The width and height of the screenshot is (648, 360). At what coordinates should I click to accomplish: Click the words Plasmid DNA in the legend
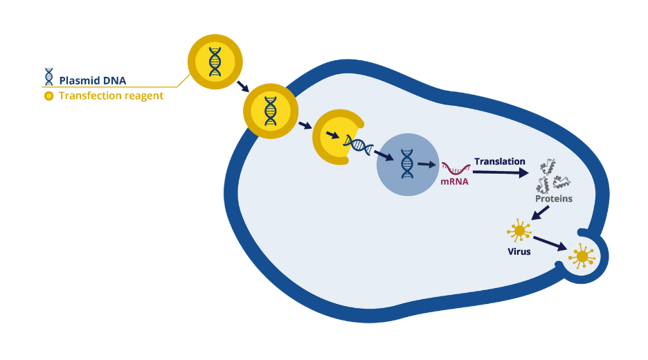coord(92,80)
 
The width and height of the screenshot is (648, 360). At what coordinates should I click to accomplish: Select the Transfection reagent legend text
coord(111,96)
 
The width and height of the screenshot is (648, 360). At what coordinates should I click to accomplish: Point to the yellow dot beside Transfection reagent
coord(48,96)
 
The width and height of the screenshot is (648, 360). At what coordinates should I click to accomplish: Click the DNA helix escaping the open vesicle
coord(361,145)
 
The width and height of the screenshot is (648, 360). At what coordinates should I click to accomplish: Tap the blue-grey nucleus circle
coord(406,163)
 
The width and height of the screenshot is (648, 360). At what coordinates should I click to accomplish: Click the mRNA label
coord(454,182)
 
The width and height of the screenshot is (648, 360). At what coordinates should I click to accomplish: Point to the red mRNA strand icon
coord(457,168)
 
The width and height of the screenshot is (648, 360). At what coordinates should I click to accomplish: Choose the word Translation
coord(499,161)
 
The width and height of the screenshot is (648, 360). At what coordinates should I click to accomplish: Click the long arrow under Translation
coord(498,172)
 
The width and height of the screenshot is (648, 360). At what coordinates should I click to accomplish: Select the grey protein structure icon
coord(553,176)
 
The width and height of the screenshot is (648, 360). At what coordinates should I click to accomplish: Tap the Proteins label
coord(553,199)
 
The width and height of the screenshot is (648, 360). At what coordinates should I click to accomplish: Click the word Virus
coord(519,251)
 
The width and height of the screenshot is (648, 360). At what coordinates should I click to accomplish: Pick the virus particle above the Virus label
coord(519,230)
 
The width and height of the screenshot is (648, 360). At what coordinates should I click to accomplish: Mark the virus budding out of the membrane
coord(582,257)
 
